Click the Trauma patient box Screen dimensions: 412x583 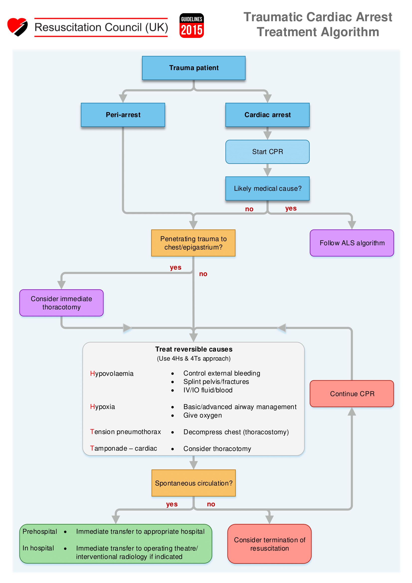pos(194,68)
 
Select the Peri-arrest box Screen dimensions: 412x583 pos(123,115)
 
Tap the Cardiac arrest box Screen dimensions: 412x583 pos(267,115)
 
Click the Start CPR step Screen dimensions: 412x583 pos(267,152)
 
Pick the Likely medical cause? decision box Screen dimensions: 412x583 pos(267,189)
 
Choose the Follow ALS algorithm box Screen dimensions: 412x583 pos(352,243)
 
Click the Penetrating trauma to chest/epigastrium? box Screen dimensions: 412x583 pos(193,243)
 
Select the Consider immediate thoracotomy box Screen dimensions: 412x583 pos(61,303)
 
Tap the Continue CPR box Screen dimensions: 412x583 pos(352,393)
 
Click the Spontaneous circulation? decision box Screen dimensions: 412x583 pos(194,483)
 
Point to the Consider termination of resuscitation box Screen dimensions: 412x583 pos(269,544)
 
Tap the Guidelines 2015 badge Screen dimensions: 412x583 pos(192,26)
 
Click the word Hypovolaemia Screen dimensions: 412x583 pos(112,374)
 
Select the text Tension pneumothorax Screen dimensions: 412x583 pos(125,432)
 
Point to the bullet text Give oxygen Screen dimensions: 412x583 pos(203,415)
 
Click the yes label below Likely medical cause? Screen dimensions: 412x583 pos(291,208)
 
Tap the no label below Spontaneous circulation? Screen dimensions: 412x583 pos(211,504)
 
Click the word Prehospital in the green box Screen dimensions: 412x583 pos(40,531)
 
